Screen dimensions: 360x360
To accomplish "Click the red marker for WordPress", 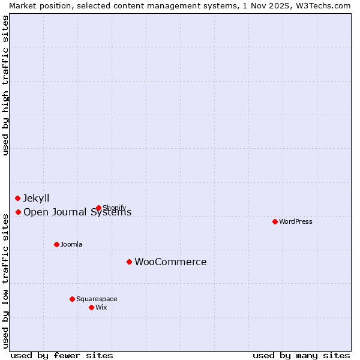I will [275, 221].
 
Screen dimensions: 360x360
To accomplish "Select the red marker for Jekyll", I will [17, 198].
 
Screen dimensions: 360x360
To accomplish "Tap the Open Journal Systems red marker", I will [18, 212].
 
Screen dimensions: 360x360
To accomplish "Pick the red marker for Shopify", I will [98, 208].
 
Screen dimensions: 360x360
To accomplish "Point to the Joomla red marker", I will [56, 244].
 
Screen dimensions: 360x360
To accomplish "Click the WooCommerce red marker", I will [129, 262].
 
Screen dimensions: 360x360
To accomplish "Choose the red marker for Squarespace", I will [72, 299].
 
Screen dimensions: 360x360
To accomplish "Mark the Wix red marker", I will [91, 307].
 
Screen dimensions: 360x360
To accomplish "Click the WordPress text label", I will [296, 221].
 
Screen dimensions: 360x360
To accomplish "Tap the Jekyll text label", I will [36, 198].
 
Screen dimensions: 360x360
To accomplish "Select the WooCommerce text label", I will [170, 262].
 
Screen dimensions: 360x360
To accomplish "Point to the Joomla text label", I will [71, 244].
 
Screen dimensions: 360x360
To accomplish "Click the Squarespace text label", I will [97, 299].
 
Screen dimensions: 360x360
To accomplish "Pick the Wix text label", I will [101, 307].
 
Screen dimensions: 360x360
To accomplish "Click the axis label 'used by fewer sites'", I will [62, 355].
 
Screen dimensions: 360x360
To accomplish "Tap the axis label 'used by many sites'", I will [301, 355].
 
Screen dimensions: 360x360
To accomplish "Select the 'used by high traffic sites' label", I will [5, 86].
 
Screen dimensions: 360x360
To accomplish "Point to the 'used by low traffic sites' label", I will [5, 280].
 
